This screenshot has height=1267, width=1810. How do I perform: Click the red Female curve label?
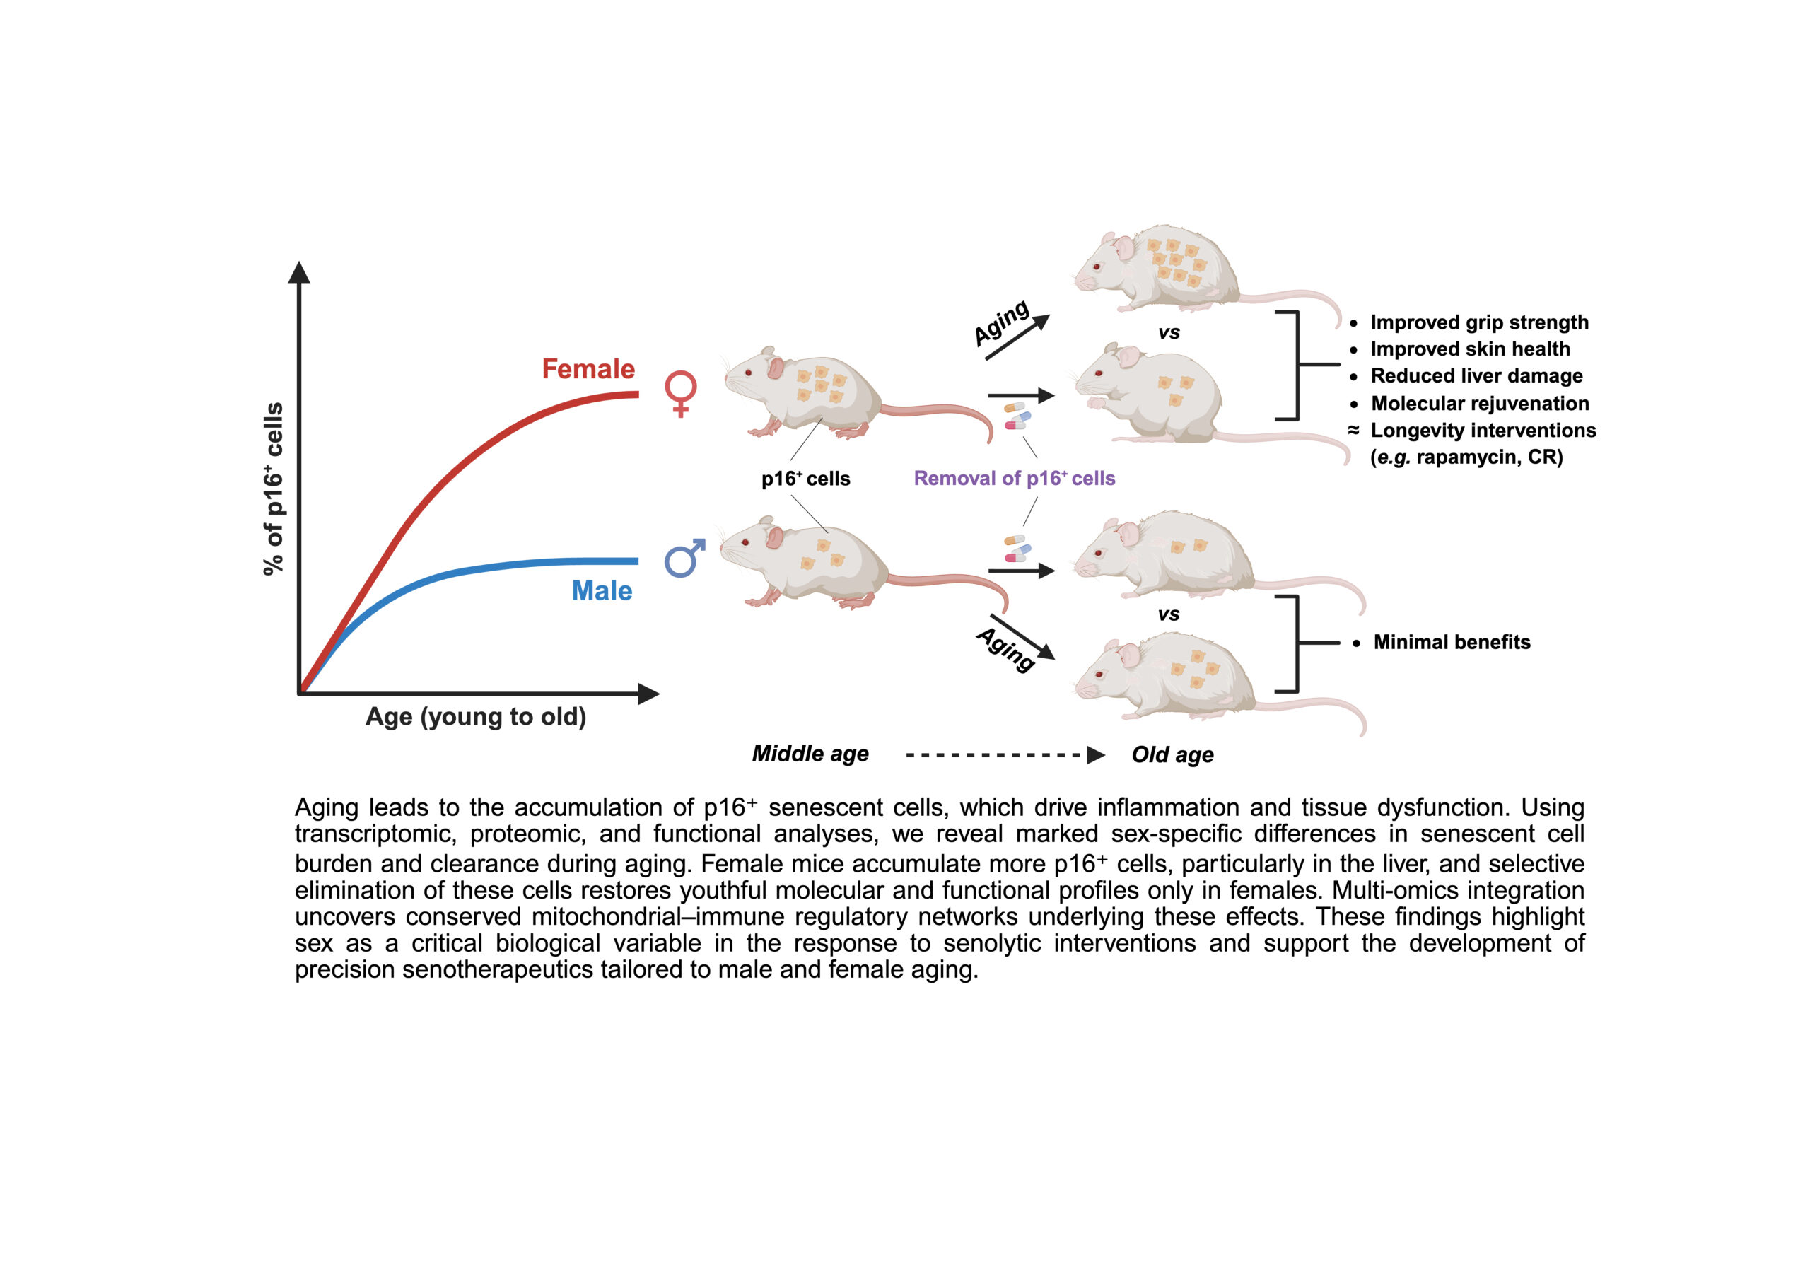point(588,369)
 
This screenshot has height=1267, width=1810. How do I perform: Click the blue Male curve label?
point(602,590)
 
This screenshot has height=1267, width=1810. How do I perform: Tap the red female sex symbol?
point(680,392)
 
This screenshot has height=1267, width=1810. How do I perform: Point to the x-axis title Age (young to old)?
point(475,717)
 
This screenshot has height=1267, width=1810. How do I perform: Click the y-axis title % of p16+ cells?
point(273,489)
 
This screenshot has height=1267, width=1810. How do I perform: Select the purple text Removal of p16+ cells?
point(1014,479)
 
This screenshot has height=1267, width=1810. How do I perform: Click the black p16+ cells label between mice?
point(805,479)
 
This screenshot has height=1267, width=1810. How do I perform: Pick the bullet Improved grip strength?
point(1479,322)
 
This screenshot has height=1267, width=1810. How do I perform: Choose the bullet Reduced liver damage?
point(1476,376)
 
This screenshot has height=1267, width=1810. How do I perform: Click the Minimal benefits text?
point(1452,643)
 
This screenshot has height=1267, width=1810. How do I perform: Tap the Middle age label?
point(810,754)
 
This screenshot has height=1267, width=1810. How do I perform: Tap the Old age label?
point(1172,754)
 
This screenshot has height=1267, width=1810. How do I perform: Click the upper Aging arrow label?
point(1001,322)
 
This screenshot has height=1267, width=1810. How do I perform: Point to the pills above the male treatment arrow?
point(1017,548)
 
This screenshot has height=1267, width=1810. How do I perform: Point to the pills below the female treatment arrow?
point(1016,416)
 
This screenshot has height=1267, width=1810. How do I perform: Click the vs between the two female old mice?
point(1168,333)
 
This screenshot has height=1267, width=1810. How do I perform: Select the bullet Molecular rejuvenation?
point(1480,404)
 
